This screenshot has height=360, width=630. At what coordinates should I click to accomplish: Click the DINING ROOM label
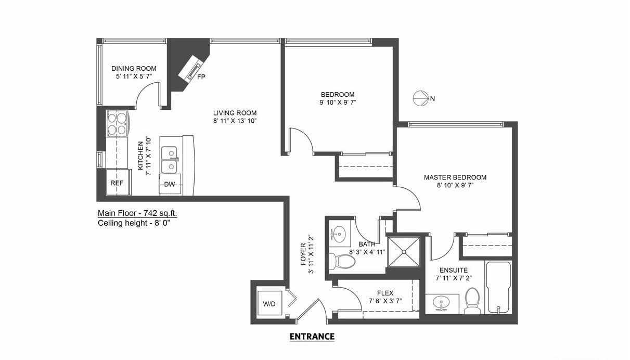(x=134, y=68)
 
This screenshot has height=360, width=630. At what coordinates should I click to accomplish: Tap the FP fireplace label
(x=201, y=77)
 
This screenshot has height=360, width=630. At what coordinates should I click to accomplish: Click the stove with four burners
(x=118, y=123)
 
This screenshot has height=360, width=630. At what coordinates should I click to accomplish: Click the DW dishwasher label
(x=169, y=185)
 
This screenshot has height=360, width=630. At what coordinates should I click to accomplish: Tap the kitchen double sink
(x=169, y=160)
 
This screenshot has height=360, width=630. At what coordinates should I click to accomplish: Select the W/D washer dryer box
(x=269, y=303)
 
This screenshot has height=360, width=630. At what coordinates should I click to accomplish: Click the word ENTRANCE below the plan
(x=312, y=337)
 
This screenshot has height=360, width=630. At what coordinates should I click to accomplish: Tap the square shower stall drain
(x=404, y=252)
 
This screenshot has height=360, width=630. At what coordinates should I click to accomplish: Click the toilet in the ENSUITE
(x=472, y=301)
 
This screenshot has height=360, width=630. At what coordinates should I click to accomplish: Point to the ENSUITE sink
(x=441, y=304)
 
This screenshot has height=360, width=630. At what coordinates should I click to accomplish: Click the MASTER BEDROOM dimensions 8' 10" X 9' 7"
(x=455, y=185)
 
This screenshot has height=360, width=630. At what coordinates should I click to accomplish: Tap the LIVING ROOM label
(x=235, y=113)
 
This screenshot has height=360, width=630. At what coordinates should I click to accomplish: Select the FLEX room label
(x=385, y=293)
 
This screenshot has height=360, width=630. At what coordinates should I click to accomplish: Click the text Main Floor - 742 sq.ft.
(x=137, y=213)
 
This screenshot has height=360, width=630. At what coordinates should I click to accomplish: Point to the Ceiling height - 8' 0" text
(x=134, y=223)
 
